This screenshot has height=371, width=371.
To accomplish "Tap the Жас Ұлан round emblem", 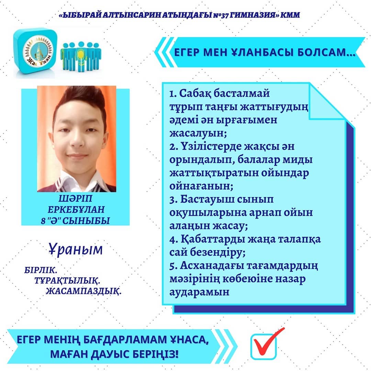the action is tap(38, 52).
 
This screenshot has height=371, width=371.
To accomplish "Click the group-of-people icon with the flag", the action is tap(81, 57).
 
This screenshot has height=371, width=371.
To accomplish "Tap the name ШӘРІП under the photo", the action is tap(76, 198).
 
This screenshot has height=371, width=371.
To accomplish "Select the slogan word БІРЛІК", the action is tap(41, 270).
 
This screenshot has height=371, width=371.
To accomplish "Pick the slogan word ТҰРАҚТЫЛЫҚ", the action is tap(67, 281).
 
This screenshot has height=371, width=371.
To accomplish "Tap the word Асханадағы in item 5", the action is tap(212, 266).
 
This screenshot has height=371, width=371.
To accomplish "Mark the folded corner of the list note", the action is tap(327, 102).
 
